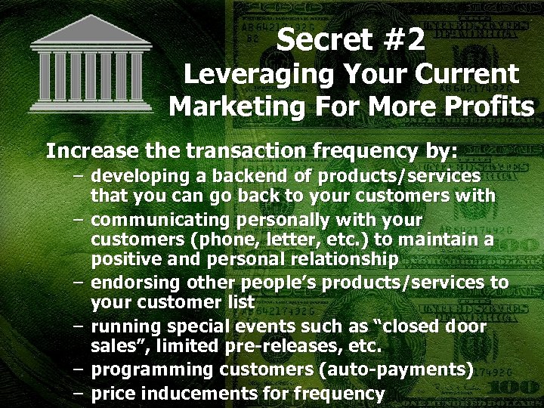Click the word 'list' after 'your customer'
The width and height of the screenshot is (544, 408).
tap(241, 302)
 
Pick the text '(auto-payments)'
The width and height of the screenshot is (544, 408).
tap(398, 370)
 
